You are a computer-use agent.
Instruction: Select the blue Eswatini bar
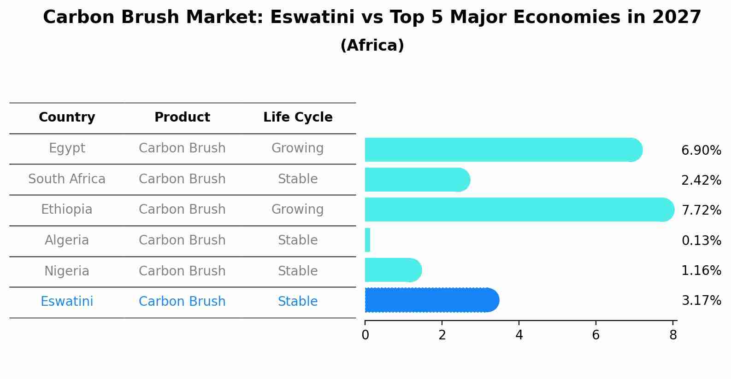pyautogui.click(x=431, y=300)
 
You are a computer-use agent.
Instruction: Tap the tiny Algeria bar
pyautogui.click(x=367, y=240)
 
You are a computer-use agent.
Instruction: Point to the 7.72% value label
pyautogui.click(x=701, y=210)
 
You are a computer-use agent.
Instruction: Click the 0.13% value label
pyautogui.click(x=701, y=240)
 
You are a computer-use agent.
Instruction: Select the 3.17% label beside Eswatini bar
pyautogui.click(x=701, y=301)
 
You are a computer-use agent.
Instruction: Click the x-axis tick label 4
pyautogui.click(x=519, y=335)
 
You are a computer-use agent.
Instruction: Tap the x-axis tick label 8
pyautogui.click(x=673, y=335)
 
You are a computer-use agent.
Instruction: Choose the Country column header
pyautogui.click(x=67, y=117)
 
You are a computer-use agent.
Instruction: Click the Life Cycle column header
pyautogui.click(x=298, y=117)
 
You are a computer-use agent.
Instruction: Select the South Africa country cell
pyautogui.click(x=67, y=179)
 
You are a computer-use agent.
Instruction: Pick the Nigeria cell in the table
pyautogui.click(x=67, y=271)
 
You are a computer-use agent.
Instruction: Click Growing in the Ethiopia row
pyautogui.click(x=297, y=210)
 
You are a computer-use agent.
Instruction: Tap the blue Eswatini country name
pyautogui.click(x=67, y=302)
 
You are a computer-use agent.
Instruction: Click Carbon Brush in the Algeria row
pyautogui.click(x=182, y=240)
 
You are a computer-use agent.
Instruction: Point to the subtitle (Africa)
pyautogui.click(x=372, y=46)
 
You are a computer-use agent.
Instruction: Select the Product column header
pyautogui.click(x=182, y=117)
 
